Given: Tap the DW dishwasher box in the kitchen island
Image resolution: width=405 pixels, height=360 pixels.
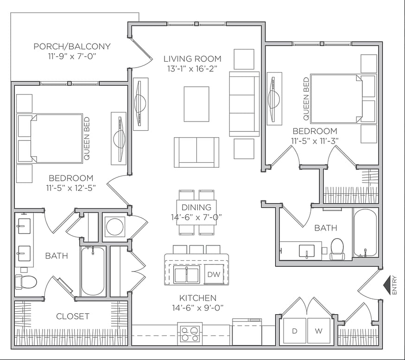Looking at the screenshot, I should point(214,274).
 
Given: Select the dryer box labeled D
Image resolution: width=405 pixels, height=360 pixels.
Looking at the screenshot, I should point(294,331).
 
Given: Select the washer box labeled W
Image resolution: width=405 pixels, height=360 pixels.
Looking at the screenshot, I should point(318,331).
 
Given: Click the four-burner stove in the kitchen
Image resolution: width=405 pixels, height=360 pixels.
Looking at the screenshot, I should point(190,333).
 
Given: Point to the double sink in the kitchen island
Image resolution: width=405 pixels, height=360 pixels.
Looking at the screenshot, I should point(187,275).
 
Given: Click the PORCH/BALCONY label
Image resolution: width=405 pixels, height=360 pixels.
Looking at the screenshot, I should point(72,46).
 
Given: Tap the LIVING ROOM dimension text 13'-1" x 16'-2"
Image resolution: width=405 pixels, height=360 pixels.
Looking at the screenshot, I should point(192,68).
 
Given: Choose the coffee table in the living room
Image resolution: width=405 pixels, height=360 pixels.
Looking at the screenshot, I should point(196,104).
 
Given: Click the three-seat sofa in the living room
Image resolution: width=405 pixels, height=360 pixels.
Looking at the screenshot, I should point(244,104).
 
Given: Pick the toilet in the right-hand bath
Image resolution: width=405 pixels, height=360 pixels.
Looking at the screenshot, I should point(337,249).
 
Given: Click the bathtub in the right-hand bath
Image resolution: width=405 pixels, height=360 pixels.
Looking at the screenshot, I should point(365,233).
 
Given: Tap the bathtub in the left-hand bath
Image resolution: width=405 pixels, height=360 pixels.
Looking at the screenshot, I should point(93,271).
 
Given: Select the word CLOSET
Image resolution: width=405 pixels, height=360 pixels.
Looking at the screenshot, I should point(73,316).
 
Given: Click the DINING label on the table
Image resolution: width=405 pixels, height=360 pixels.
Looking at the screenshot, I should point(196,208).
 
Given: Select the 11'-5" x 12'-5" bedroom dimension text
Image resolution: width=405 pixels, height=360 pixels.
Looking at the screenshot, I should point(71,188).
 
